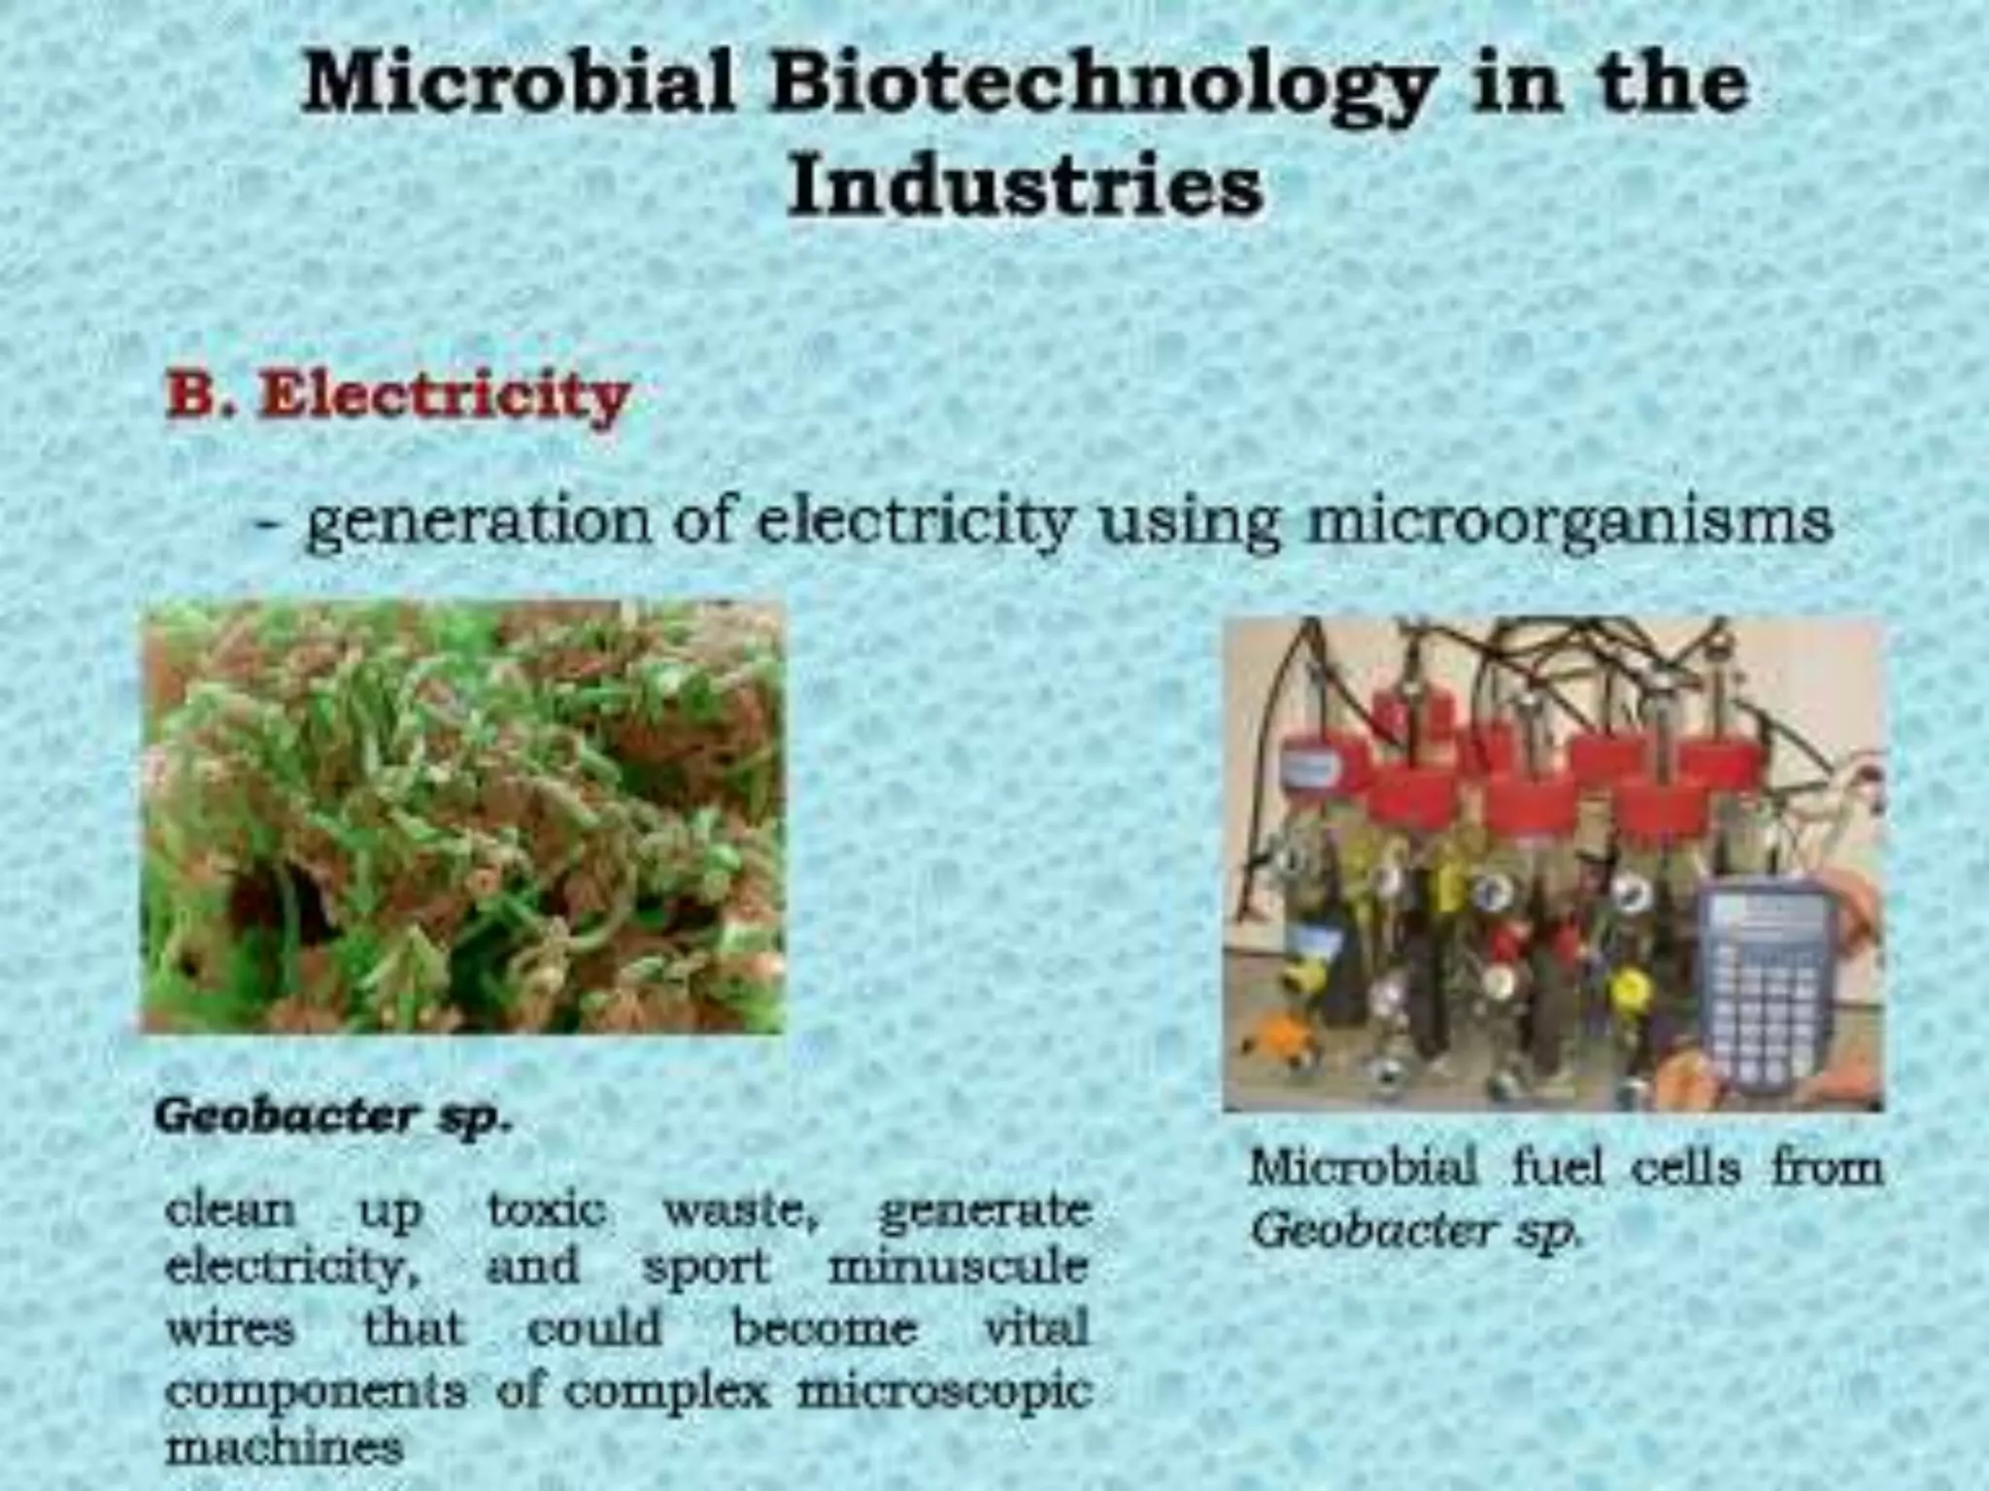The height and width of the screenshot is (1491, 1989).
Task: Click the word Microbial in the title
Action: click(x=520, y=83)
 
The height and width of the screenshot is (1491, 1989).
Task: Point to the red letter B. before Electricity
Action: click(x=200, y=396)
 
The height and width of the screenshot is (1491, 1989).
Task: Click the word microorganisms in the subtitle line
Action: click(x=1568, y=522)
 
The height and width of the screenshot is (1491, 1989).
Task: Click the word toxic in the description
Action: click(x=547, y=1209)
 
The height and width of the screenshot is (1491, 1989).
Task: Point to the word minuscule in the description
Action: click(x=958, y=1268)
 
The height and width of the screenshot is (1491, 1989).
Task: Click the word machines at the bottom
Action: click(x=284, y=1448)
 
